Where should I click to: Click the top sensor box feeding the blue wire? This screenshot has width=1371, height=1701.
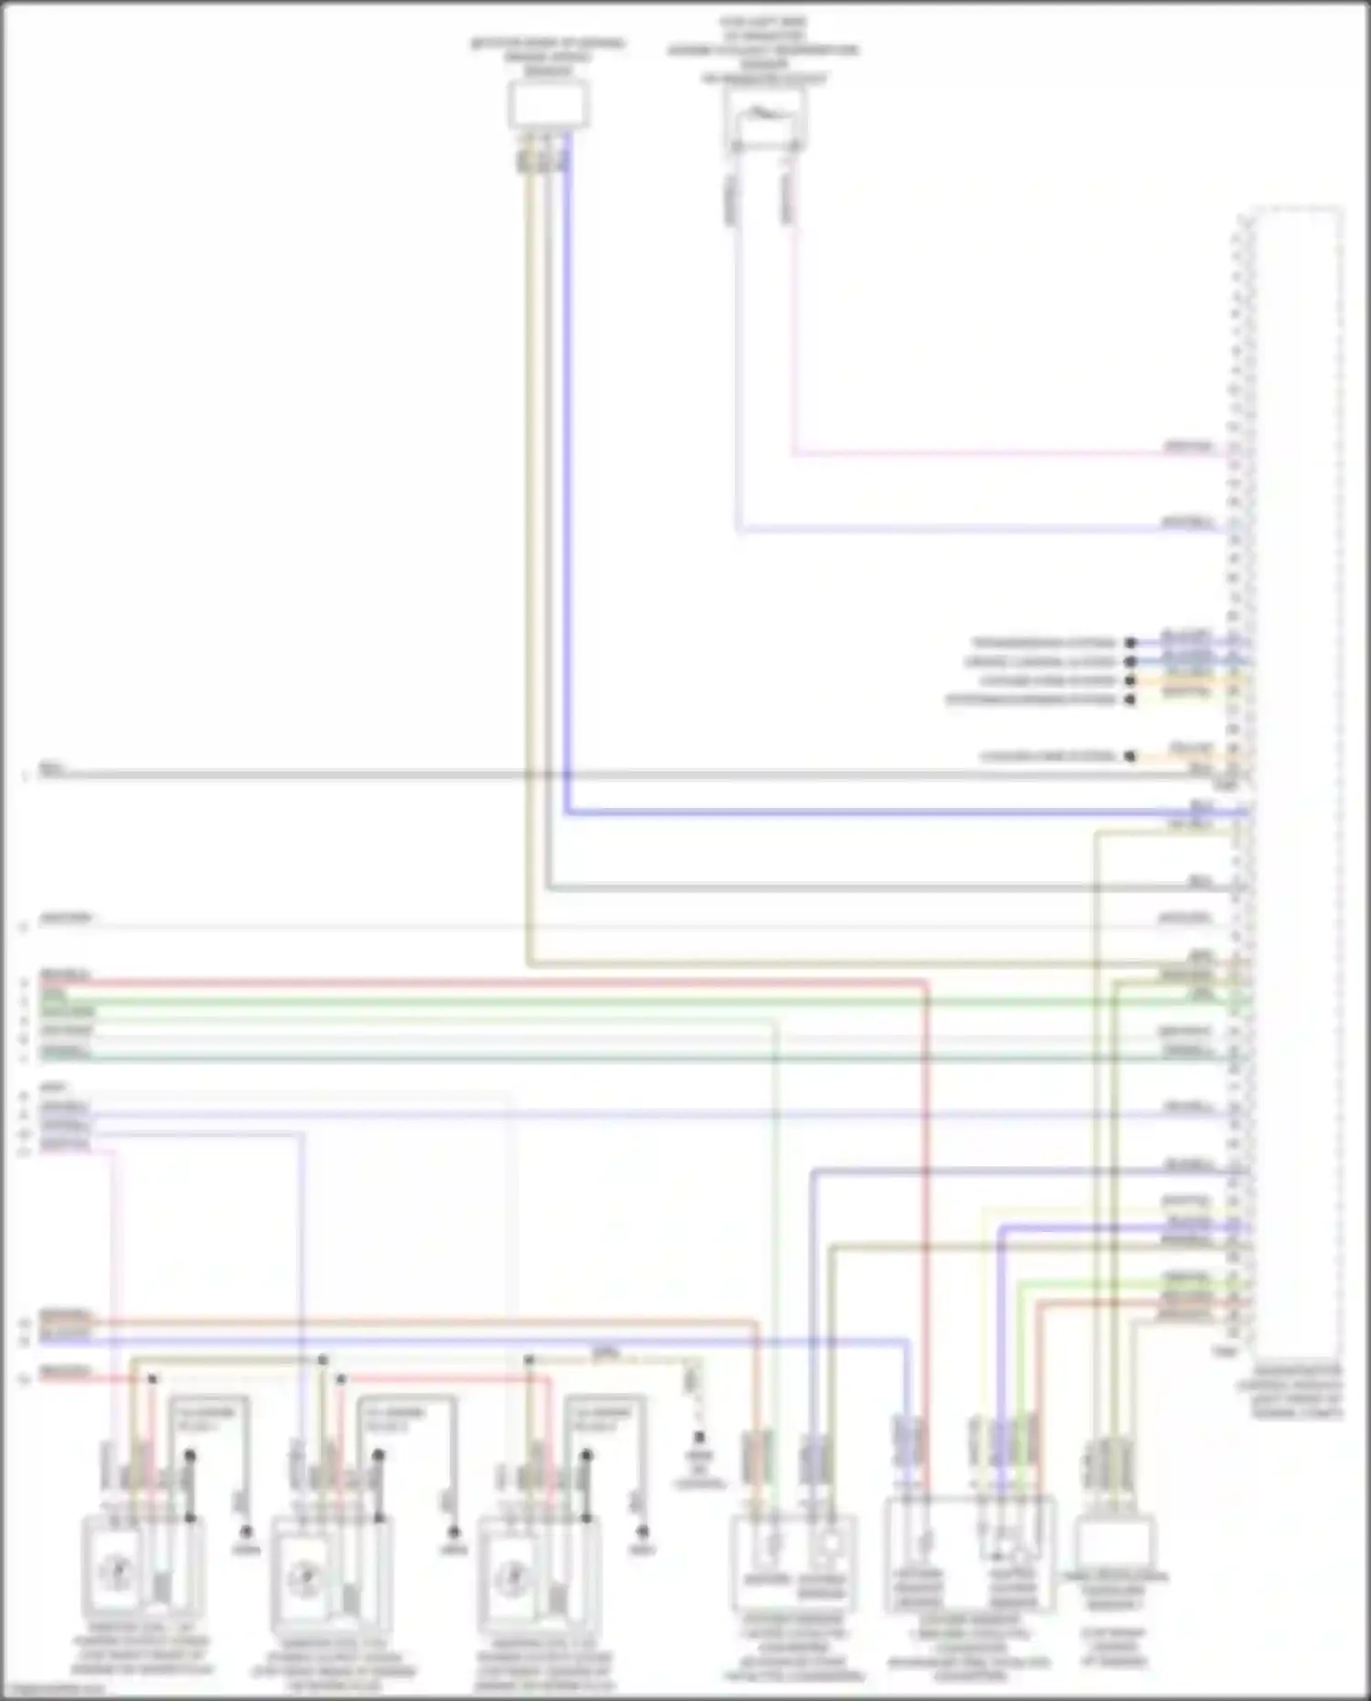(x=548, y=103)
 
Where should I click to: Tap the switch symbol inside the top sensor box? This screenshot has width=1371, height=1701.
(x=764, y=116)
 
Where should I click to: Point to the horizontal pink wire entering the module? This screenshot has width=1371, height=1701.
(x=1005, y=452)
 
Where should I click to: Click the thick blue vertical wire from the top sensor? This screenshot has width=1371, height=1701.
(x=567, y=475)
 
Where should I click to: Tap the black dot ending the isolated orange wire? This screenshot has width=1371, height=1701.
(x=1131, y=757)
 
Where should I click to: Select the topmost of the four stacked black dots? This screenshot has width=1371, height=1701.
(x=1131, y=643)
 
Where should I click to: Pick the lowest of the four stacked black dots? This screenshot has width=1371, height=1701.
(x=1131, y=700)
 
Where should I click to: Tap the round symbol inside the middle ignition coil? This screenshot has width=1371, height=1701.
(x=305, y=1577)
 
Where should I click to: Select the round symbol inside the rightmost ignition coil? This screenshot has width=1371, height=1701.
(x=513, y=1576)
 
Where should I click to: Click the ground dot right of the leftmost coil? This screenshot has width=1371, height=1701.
(x=245, y=1530)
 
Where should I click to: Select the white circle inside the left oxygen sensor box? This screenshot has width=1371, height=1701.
(x=830, y=1545)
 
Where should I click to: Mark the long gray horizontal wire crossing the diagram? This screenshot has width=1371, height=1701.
(x=640, y=775)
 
